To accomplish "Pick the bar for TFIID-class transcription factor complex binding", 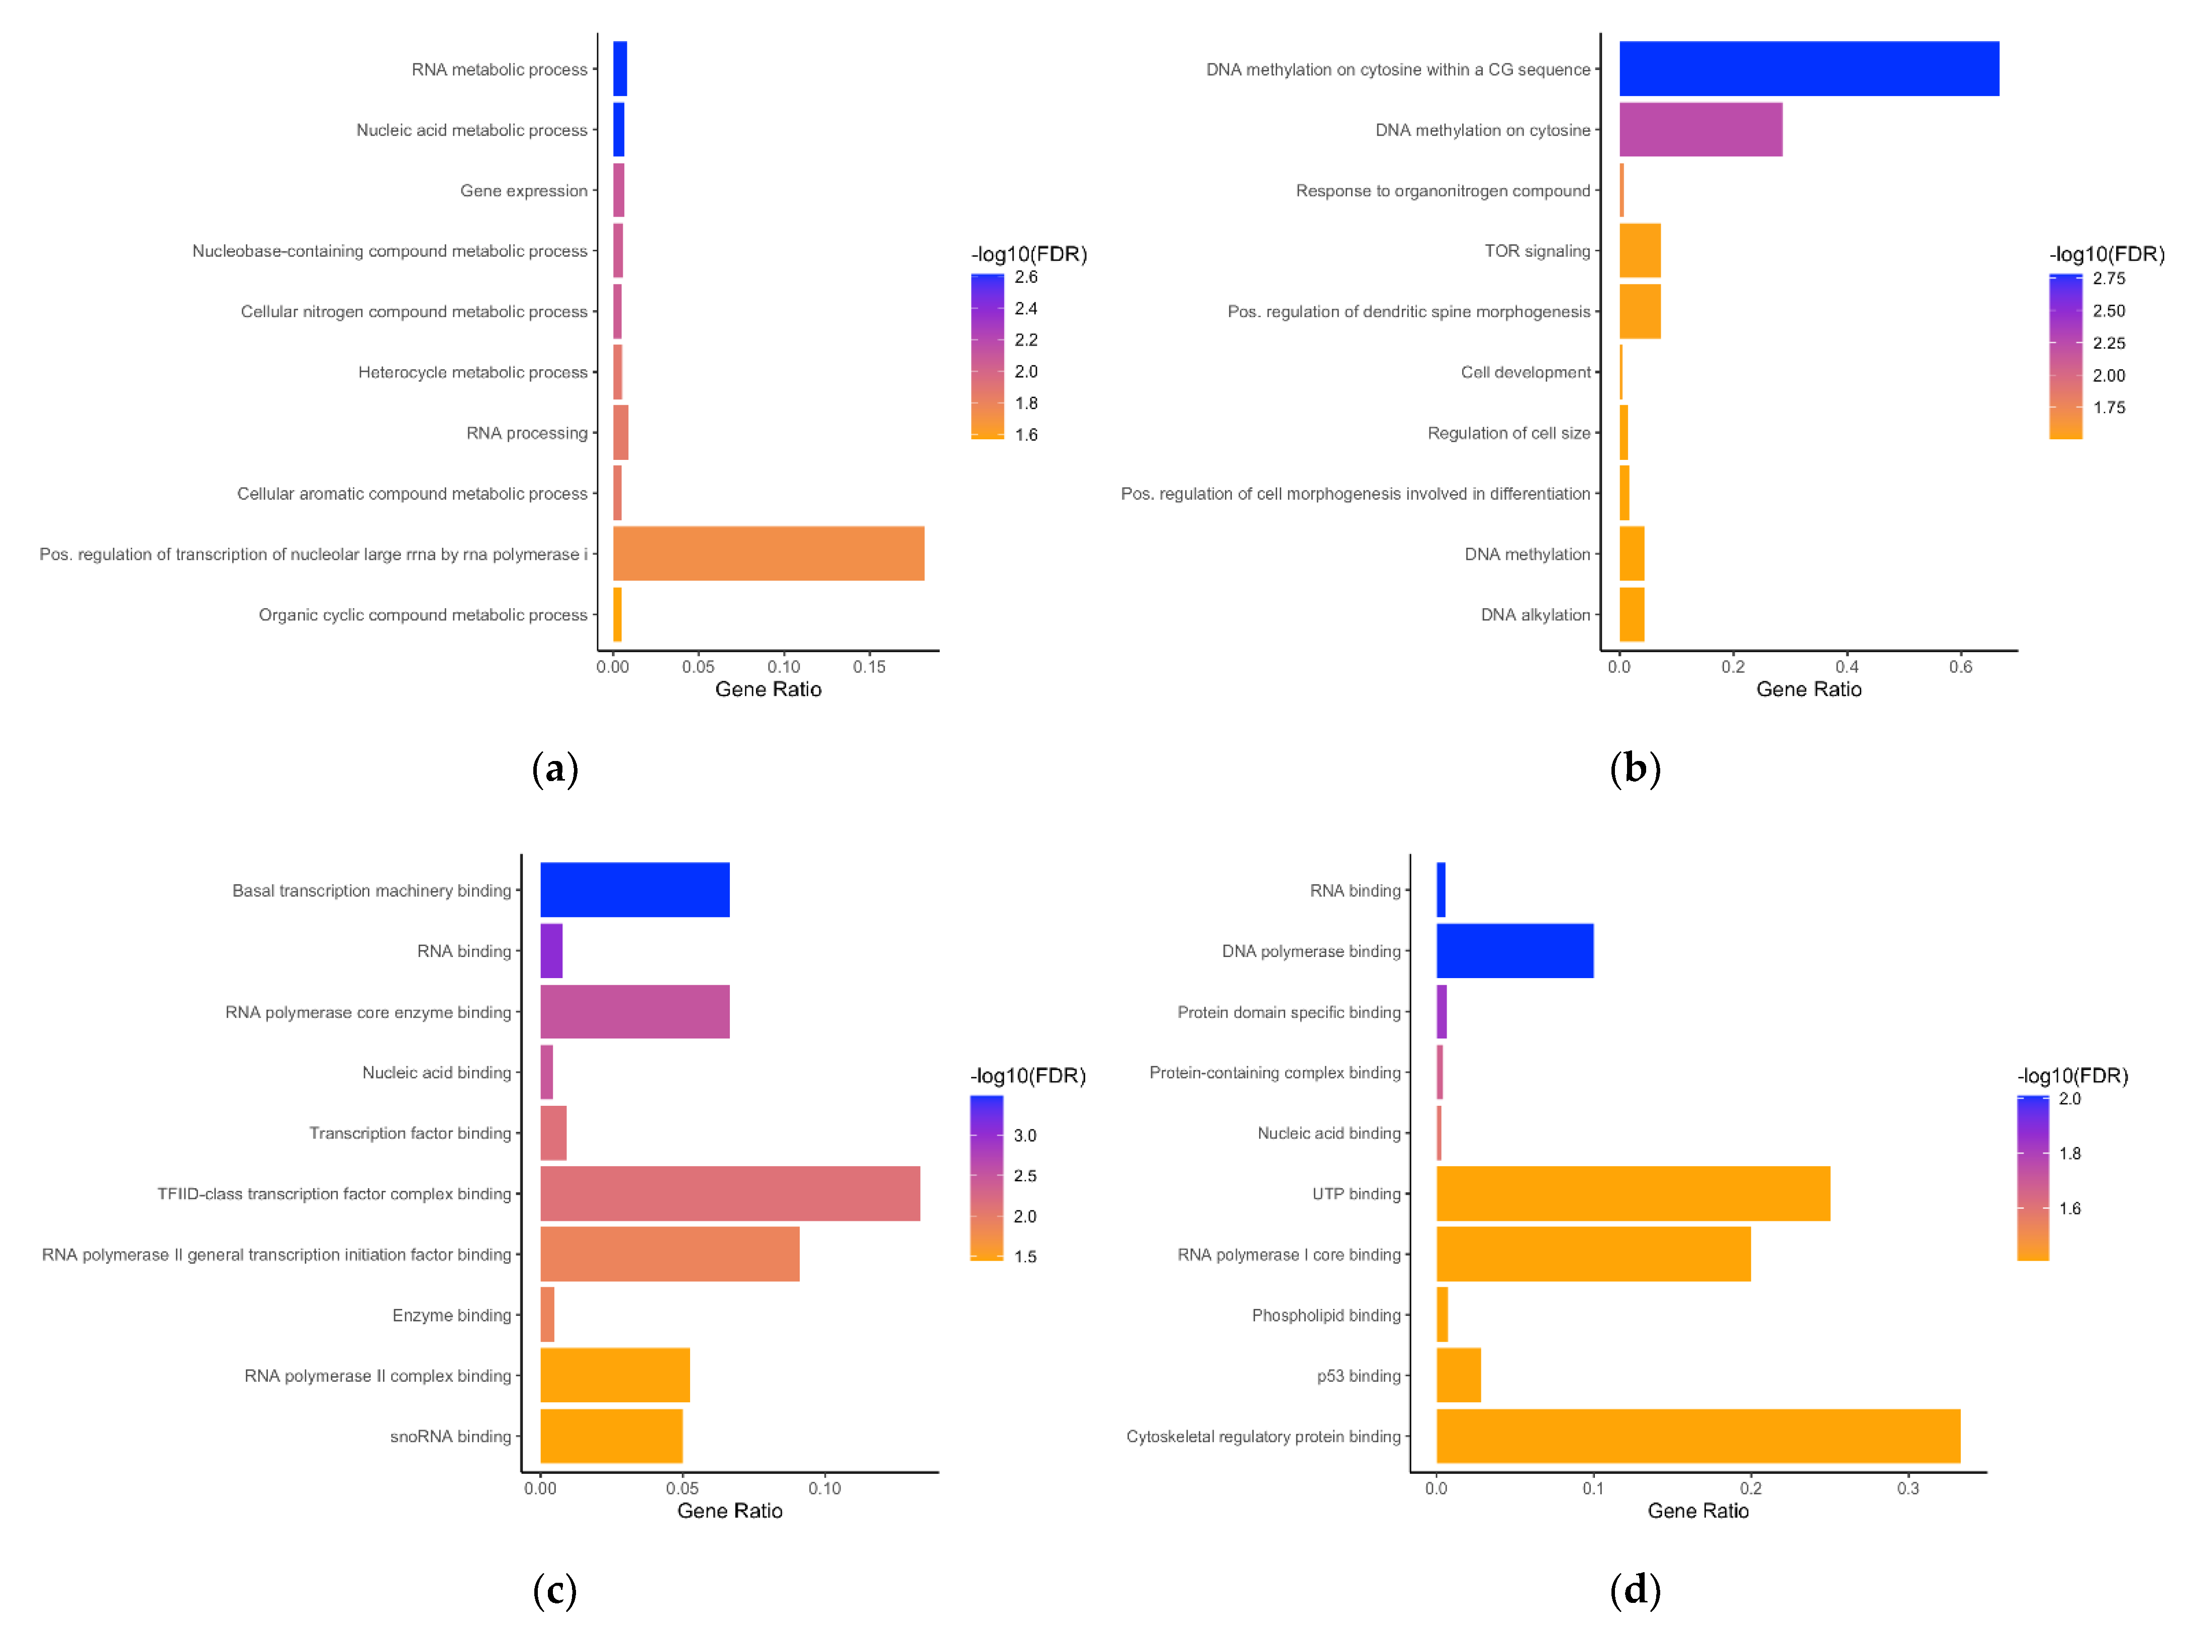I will click(x=730, y=1193).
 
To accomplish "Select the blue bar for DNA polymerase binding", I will click(x=1514, y=950).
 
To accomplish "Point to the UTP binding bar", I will click(x=1633, y=1193).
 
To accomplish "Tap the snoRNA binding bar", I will click(x=611, y=1436).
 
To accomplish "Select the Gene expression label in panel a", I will click(x=523, y=191).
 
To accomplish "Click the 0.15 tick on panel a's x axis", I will click(x=870, y=667).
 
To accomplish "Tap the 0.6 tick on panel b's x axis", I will click(x=1960, y=667).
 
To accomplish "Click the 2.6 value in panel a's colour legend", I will click(x=1026, y=277).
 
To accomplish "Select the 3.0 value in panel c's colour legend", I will click(x=1025, y=1135).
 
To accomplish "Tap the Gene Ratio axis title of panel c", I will click(x=730, y=1511).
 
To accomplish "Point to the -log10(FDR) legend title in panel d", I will click(x=2072, y=1075).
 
